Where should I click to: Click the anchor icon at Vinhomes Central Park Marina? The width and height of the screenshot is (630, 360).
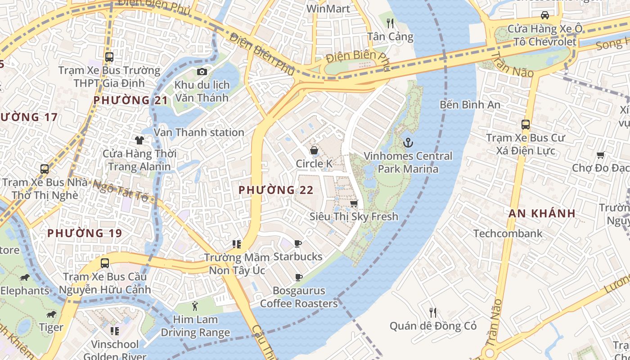click(x=408, y=143)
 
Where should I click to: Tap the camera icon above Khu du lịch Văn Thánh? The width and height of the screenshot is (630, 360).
click(x=202, y=72)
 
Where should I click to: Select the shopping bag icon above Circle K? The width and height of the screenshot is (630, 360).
click(x=314, y=150)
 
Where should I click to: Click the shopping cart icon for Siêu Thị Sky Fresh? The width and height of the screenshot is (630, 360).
click(x=354, y=203)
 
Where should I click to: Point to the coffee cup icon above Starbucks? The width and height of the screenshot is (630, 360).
click(x=297, y=243)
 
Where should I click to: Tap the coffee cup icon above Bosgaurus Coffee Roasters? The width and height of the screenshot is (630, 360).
click(x=298, y=277)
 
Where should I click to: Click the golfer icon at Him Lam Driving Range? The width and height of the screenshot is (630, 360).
click(x=195, y=306)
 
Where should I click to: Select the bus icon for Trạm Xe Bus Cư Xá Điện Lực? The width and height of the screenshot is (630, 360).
click(x=525, y=124)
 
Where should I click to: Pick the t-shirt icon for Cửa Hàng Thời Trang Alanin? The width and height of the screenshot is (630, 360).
click(x=139, y=140)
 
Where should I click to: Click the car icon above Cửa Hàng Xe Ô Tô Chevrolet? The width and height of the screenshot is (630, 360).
click(x=545, y=15)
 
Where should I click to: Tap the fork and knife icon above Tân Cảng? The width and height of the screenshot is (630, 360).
click(x=390, y=23)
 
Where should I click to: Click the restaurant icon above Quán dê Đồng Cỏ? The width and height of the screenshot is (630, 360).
click(x=432, y=312)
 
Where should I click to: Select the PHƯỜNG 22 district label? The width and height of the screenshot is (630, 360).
click(x=276, y=190)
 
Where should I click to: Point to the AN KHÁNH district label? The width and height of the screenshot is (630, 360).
click(x=542, y=213)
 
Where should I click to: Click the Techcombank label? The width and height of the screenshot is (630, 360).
click(x=508, y=234)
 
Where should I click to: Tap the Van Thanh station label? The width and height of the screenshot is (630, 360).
click(x=199, y=132)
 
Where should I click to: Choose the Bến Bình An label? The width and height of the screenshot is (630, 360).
click(x=470, y=105)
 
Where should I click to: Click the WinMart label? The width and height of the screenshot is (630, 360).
click(x=328, y=9)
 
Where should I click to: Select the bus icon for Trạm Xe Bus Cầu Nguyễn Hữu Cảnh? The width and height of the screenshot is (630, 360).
click(x=105, y=263)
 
